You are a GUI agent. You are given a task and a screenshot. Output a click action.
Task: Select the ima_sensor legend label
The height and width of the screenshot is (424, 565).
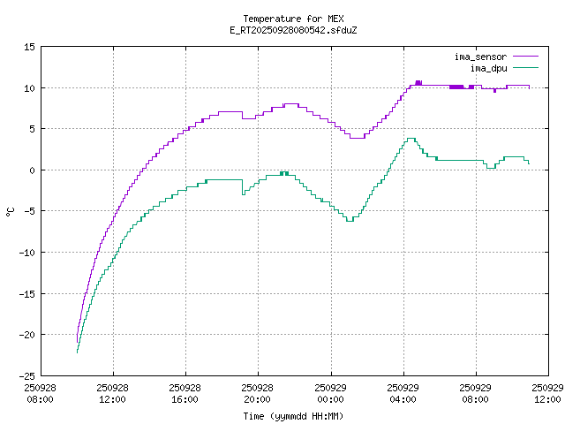click(x=480, y=57)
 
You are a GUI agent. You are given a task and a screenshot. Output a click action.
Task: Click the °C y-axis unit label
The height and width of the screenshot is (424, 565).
click(x=10, y=211)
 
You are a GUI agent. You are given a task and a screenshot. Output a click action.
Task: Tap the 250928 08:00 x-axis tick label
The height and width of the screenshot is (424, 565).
click(x=41, y=393)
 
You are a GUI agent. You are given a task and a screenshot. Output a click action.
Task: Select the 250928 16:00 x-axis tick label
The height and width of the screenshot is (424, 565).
click(x=185, y=393)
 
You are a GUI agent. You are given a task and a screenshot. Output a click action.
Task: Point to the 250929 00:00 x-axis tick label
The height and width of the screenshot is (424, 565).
click(x=331, y=393)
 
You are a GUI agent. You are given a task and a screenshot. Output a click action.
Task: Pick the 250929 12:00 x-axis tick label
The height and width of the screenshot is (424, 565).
click(x=549, y=393)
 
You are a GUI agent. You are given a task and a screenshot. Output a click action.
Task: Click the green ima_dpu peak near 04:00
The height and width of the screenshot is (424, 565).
click(x=411, y=139)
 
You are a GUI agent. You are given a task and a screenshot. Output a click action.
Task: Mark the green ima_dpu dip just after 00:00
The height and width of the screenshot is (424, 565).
click(x=350, y=220)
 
